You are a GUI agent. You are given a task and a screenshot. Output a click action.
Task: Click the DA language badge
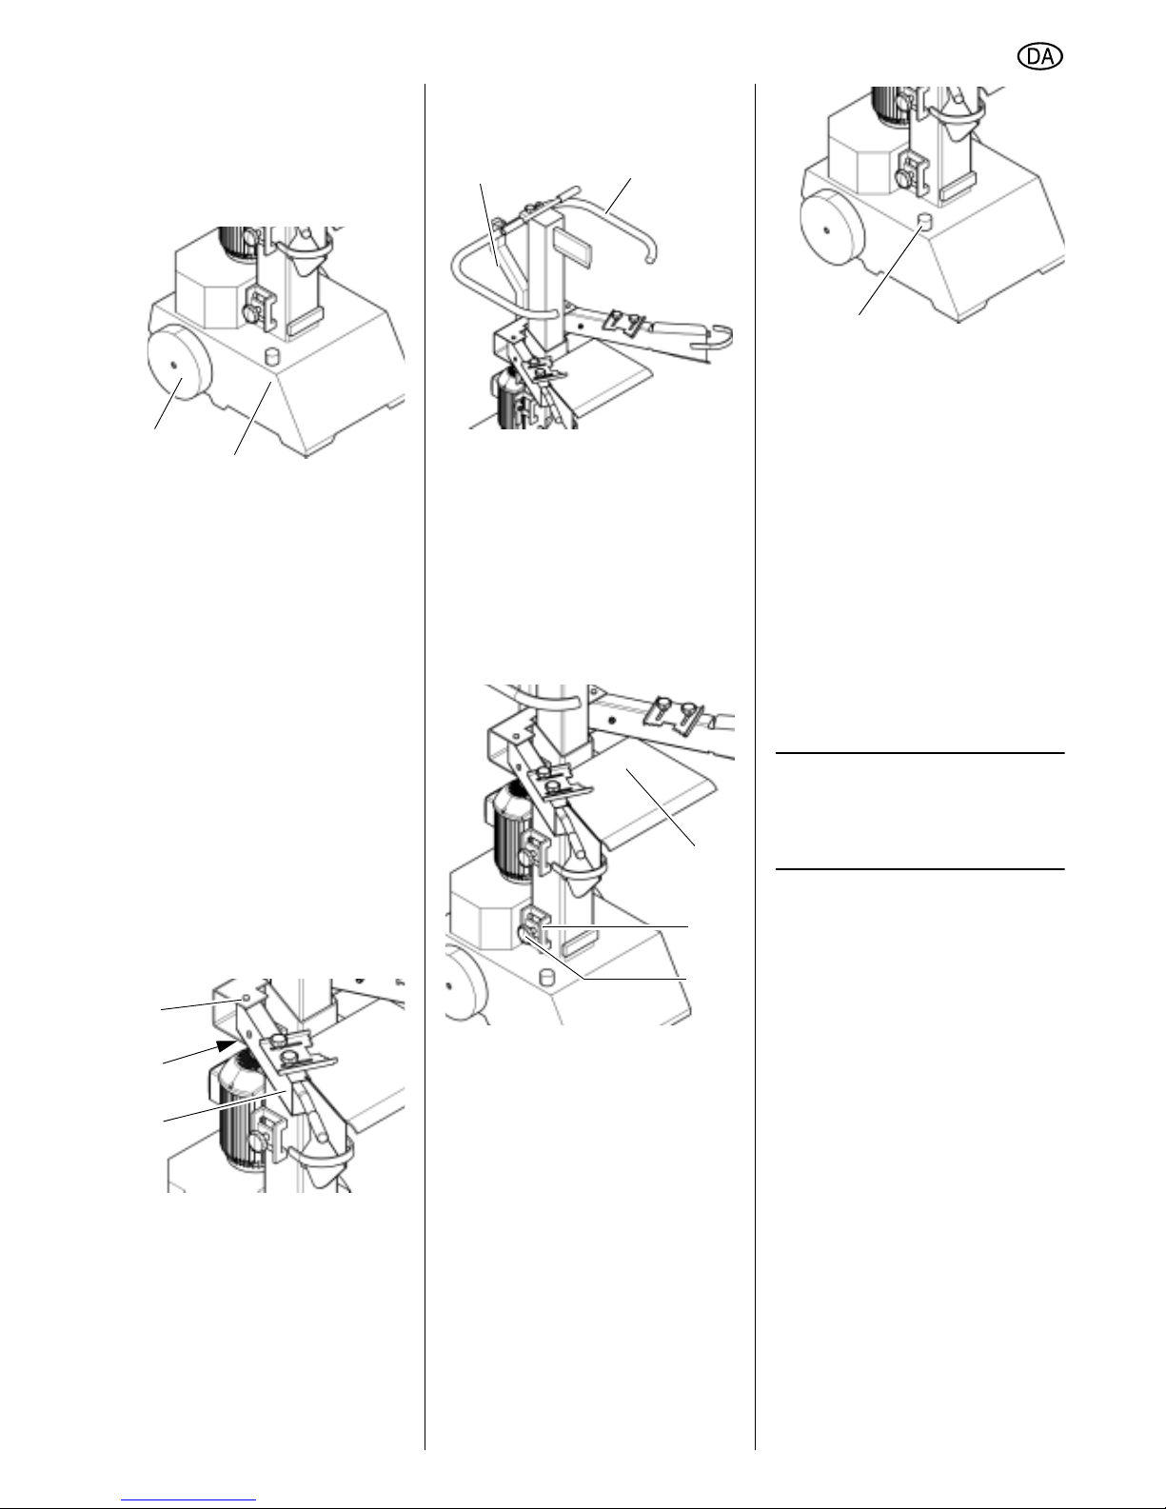click(x=1039, y=56)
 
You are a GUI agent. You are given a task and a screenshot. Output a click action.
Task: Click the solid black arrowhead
click(x=226, y=1045)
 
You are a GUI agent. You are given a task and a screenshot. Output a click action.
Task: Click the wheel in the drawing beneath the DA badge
click(x=832, y=228)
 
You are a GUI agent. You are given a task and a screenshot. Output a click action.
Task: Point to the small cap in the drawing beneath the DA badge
click(x=924, y=223)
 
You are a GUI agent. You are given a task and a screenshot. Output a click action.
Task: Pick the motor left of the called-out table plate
click(x=511, y=830)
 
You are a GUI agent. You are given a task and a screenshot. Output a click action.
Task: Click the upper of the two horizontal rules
click(x=919, y=753)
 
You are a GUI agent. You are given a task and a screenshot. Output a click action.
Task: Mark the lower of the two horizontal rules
click(x=919, y=868)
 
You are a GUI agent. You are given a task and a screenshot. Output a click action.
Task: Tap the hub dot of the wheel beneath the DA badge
click(x=826, y=228)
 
